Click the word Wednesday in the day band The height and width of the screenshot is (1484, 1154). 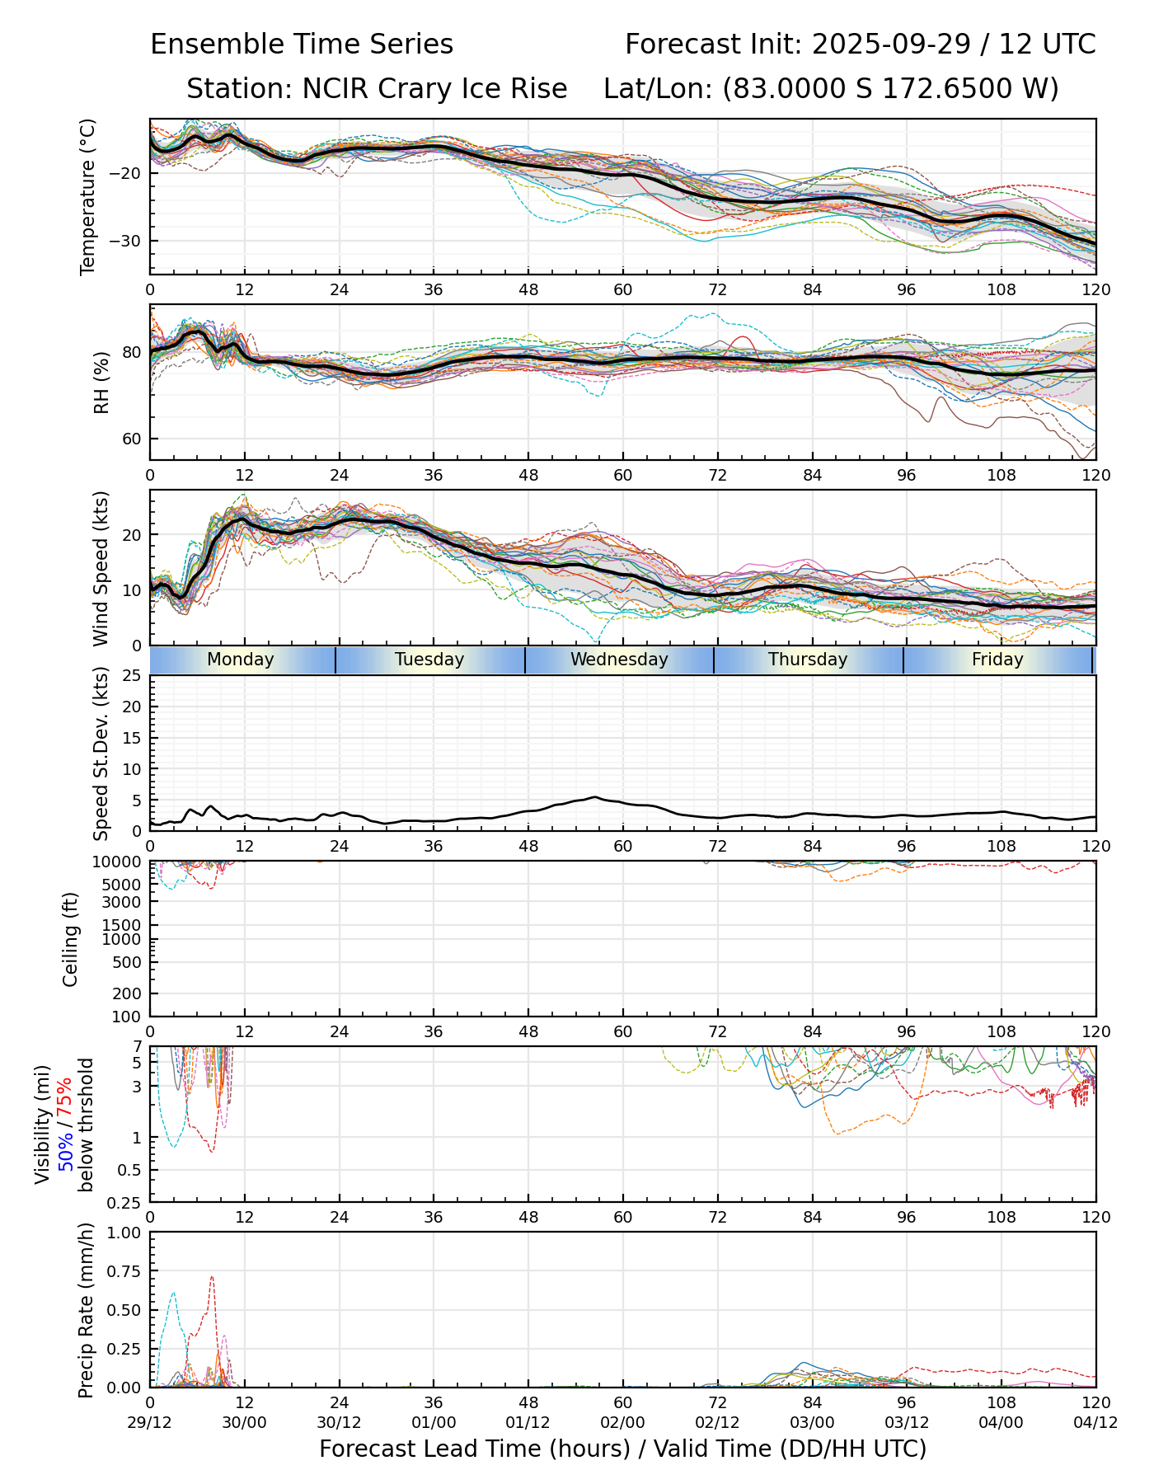619,660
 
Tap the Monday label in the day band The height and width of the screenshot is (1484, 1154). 240,660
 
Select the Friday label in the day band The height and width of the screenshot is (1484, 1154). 997,660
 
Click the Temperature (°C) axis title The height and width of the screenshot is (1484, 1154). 88,196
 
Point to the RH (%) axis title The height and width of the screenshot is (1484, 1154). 101,382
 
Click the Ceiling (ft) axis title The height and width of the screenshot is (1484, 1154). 71,939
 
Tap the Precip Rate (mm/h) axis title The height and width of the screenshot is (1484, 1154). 87,1309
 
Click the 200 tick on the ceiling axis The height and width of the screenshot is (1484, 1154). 129,993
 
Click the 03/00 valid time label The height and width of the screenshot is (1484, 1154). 812,1422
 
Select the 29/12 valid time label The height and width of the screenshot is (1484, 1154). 150,1422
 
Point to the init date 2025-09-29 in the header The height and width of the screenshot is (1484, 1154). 893,44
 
